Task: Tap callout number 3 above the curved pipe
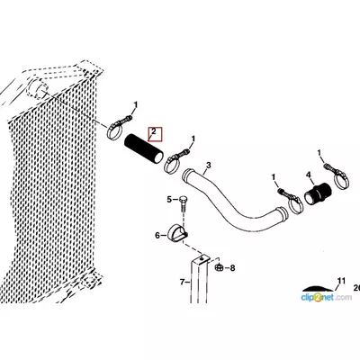pos(209,166)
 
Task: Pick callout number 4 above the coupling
pos(309,175)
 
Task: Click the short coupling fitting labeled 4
pos(317,194)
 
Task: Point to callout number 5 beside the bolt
pos(169,199)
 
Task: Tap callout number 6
pos(157,236)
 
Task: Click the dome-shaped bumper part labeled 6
pos(177,233)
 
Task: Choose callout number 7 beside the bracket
pos(182,282)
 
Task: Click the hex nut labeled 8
pos(219,266)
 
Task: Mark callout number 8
pos(232,267)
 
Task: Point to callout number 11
pos(341,281)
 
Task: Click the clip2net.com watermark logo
pos(327,298)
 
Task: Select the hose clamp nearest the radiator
pos(117,129)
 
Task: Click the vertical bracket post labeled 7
pos(199,279)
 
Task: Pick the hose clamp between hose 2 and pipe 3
pos(174,161)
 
